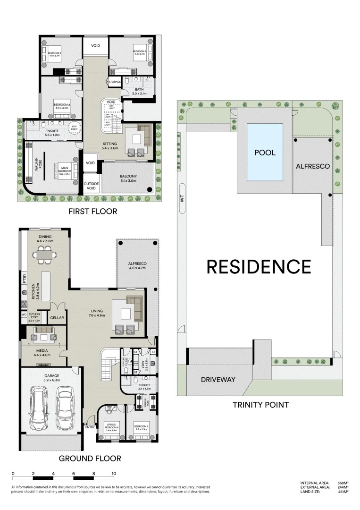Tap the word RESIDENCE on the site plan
click(x=259, y=267)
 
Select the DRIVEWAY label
click(x=218, y=379)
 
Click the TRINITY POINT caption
click(x=260, y=405)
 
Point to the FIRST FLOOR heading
click(x=92, y=211)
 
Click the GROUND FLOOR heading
click(x=90, y=458)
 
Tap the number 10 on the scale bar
click(x=114, y=473)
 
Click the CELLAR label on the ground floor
click(x=57, y=318)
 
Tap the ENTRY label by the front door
click(x=90, y=427)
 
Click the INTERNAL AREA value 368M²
click(x=343, y=483)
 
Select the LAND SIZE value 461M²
click(x=343, y=492)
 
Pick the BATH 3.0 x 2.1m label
click(x=139, y=92)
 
